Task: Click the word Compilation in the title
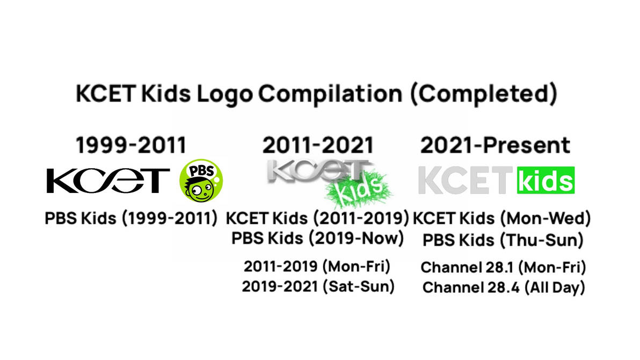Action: tap(330, 94)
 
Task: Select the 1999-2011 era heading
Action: tap(131, 145)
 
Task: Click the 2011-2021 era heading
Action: tap(318, 145)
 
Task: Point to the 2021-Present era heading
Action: tap(495, 145)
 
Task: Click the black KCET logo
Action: tap(108, 181)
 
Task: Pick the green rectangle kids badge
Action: tap(545, 181)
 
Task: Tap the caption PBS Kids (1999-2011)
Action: tap(132, 219)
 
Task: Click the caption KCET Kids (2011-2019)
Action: tap(318, 219)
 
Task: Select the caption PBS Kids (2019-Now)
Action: tap(318, 237)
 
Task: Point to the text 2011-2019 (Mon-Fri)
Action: tap(317, 266)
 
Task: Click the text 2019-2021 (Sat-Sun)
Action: tap(318, 286)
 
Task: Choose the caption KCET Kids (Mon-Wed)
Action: tap(503, 219)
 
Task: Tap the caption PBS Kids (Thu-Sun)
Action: tap(503, 240)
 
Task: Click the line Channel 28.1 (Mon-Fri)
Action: tap(503, 267)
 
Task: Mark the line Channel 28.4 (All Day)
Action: tap(503, 288)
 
